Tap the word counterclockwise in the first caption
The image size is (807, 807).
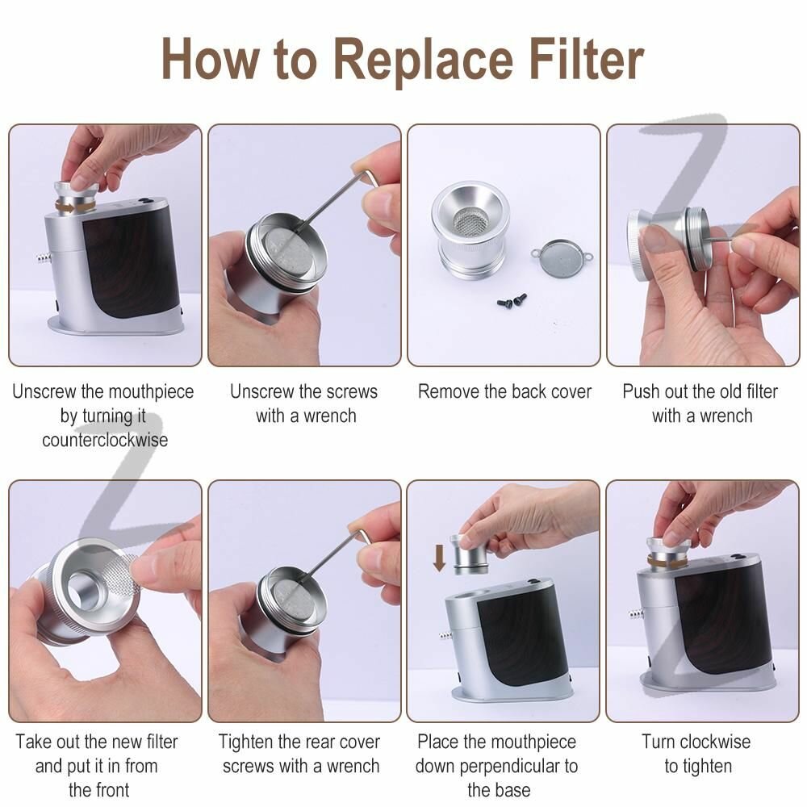[105, 440]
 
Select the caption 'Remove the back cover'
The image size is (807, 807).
[504, 391]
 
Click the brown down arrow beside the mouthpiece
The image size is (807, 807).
[439, 558]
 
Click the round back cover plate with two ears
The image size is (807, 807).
[562, 255]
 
